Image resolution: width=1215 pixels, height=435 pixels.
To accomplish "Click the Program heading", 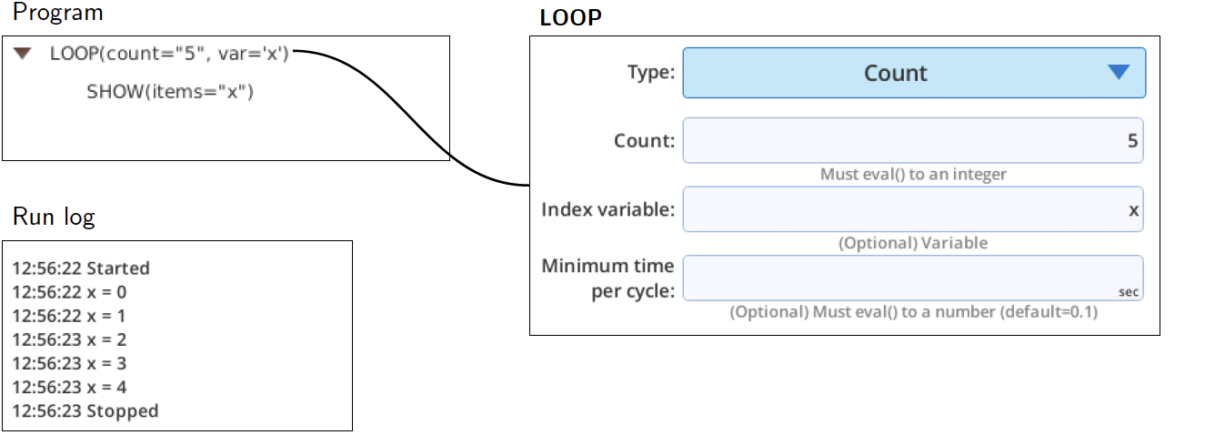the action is tap(57, 13).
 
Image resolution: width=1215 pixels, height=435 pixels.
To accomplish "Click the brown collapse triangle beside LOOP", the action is tap(22, 53).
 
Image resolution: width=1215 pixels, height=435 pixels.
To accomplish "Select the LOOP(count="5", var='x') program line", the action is tap(169, 54).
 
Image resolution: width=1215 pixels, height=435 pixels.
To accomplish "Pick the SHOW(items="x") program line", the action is tap(170, 92).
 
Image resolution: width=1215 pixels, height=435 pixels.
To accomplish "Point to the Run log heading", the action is tap(54, 217).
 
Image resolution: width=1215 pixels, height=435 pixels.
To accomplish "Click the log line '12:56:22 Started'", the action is tap(81, 268).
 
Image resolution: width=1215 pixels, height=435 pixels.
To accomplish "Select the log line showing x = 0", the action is tap(69, 292).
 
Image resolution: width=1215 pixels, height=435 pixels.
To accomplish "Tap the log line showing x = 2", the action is tap(69, 340).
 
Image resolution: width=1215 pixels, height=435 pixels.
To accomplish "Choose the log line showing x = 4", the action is tap(69, 387).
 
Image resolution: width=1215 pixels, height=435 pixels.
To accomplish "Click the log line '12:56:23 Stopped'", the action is tap(85, 411).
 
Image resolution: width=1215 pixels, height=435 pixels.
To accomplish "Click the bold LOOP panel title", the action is tap(570, 18).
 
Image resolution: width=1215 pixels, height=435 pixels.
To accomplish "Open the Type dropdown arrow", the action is tap(1119, 72).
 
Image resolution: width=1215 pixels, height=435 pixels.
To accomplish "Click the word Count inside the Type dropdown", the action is tap(896, 74).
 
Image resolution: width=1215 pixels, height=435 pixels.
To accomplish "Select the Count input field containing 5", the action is tap(913, 141).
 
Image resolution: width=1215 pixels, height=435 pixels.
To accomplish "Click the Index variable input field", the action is tap(913, 209).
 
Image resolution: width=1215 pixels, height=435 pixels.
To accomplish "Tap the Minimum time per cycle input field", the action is tap(913, 278).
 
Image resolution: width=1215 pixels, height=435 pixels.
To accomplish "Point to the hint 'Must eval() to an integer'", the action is tap(913, 175).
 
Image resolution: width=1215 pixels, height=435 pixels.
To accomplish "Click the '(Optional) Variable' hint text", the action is tap(913, 243).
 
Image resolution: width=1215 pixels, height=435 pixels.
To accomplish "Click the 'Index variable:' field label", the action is tap(608, 209).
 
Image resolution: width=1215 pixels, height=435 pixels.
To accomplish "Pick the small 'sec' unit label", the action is tap(1129, 292).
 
